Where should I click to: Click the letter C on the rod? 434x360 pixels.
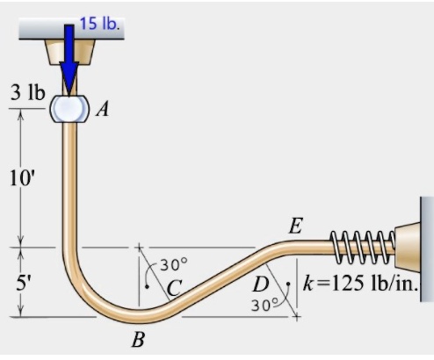point(175,287)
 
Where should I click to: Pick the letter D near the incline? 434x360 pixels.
point(260,284)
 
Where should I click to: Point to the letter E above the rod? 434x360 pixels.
point(296,227)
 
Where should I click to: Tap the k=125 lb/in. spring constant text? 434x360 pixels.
point(359,283)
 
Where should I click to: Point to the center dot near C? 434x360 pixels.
point(148,285)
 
